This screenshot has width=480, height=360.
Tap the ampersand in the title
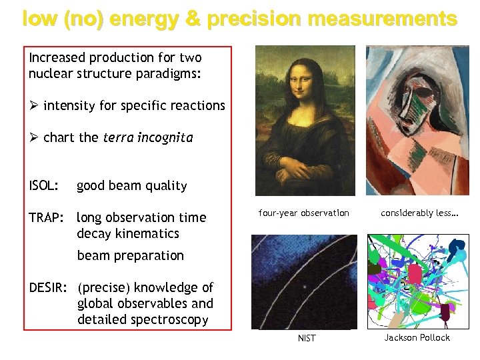coord(193,20)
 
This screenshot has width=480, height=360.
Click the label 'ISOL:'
coord(43,186)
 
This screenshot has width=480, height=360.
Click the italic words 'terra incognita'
coord(147,138)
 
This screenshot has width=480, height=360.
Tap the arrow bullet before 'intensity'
coord(34,105)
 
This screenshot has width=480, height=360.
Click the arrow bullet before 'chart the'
coord(34,138)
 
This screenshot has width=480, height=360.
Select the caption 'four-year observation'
coord(303,213)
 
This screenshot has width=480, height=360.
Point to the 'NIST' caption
coord(307,339)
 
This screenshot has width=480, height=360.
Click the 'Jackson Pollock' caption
coord(417,338)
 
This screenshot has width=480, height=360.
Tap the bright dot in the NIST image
coord(305,287)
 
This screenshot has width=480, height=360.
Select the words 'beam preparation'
coord(130,256)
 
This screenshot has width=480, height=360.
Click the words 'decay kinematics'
coord(128,234)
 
